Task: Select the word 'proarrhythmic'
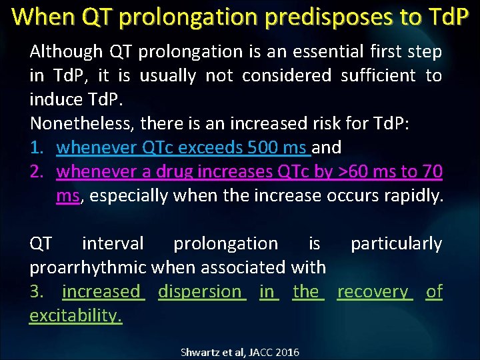88,267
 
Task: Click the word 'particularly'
397,243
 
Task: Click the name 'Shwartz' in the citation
200,352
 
